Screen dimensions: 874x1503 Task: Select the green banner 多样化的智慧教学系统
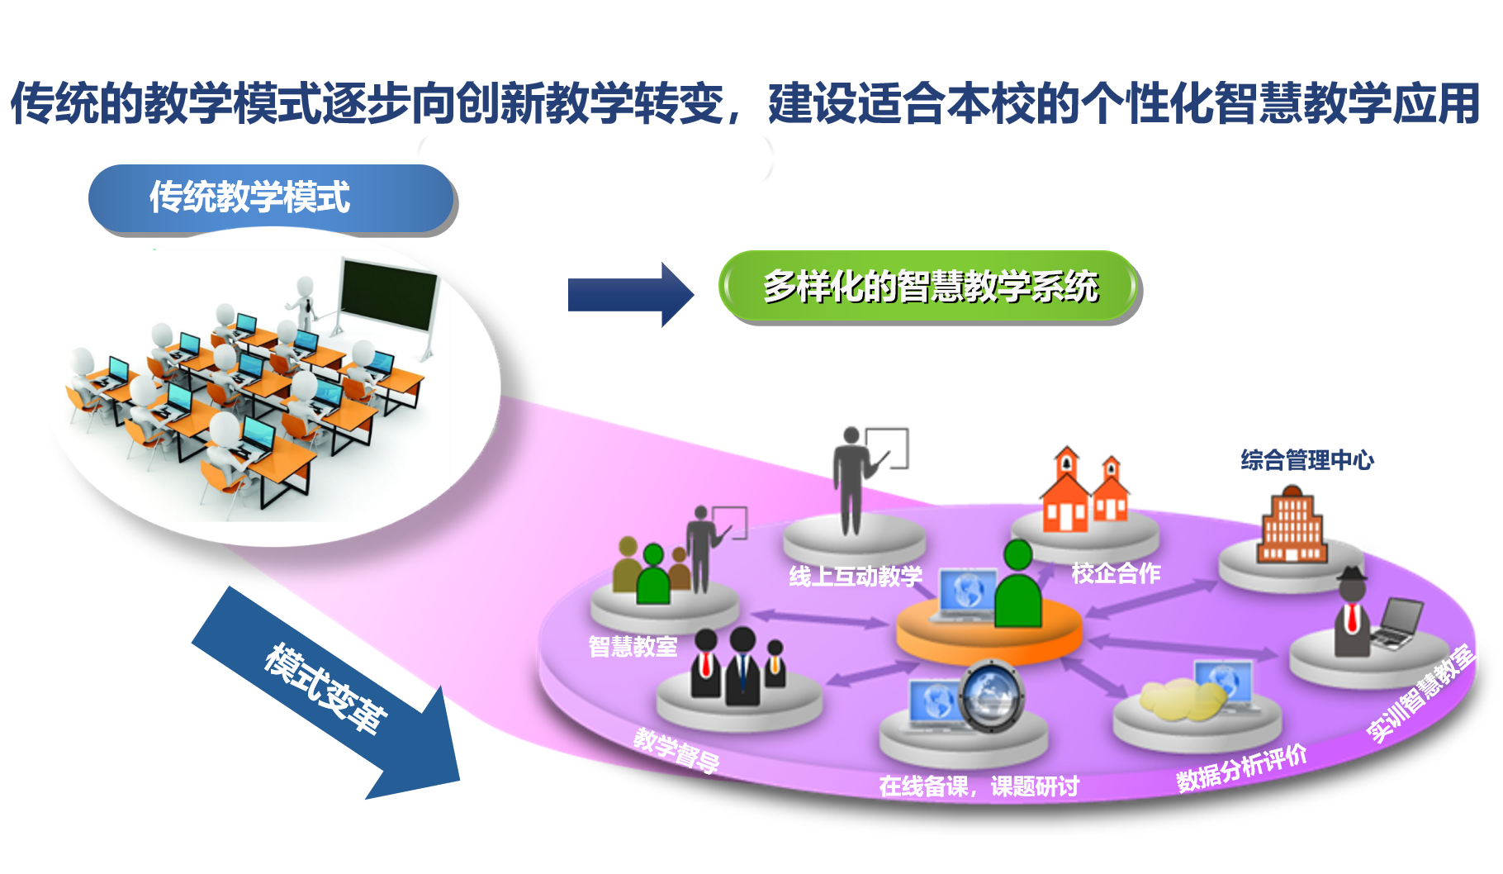click(x=930, y=287)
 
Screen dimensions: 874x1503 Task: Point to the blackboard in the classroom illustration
click(x=388, y=295)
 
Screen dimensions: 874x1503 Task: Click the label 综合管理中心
click(x=1306, y=460)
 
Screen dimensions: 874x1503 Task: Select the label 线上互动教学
click(x=855, y=576)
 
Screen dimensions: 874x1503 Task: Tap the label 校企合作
click(x=1116, y=573)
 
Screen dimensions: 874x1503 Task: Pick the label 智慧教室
click(x=633, y=646)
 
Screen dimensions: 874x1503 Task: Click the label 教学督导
click(x=676, y=750)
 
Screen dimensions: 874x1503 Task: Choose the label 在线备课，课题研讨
click(x=979, y=786)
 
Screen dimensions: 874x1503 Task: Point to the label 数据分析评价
click(x=1241, y=768)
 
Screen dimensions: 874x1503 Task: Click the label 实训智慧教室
click(x=1420, y=694)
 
